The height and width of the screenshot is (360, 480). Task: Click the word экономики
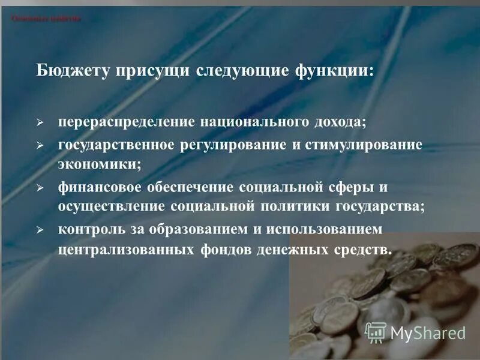pos(99,163)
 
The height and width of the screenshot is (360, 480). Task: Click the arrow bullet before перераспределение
pos(40,122)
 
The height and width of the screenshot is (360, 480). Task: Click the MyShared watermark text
pos(427,332)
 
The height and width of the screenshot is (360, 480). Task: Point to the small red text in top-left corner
pos(46,19)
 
